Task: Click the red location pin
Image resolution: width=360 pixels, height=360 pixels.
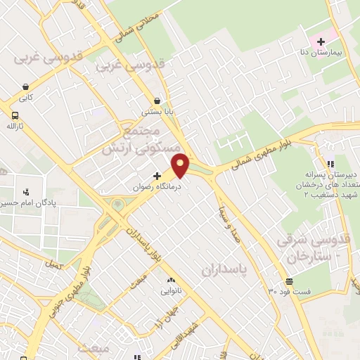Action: click(x=181, y=165)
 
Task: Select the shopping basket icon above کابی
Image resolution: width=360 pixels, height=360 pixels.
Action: click(x=25, y=87)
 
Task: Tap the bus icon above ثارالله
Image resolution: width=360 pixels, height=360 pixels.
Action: click(x=15, y=115)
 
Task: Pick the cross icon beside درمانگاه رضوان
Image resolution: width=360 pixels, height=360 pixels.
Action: click(x=157, y=175)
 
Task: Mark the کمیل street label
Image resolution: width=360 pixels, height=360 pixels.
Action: click(x=53, y=265)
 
